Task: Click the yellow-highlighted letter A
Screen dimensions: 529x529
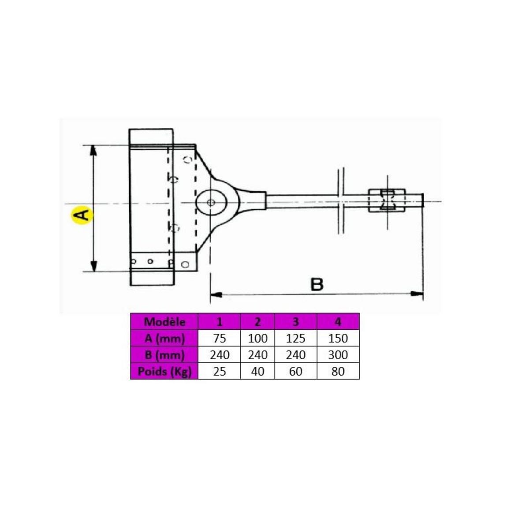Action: point(81,215)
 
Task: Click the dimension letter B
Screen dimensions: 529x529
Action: point(317,285)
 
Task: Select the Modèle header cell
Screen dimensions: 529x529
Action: point(164,321)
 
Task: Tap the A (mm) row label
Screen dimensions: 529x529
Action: point(164,338)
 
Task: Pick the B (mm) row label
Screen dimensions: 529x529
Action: point(164,355)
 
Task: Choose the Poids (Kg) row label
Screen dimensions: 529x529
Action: point(164,371)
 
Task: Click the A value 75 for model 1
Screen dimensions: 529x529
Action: point(219,338)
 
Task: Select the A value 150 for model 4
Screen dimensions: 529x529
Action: point(338,338)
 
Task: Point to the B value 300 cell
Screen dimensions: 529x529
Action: point(338,355)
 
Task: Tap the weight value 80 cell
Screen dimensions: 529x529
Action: point(338,371)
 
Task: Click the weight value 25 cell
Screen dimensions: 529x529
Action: point(219,371)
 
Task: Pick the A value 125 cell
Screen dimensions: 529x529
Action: point(295,338)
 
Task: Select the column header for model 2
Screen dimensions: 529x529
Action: point(257,321)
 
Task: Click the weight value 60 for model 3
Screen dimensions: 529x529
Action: point(295,371)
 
